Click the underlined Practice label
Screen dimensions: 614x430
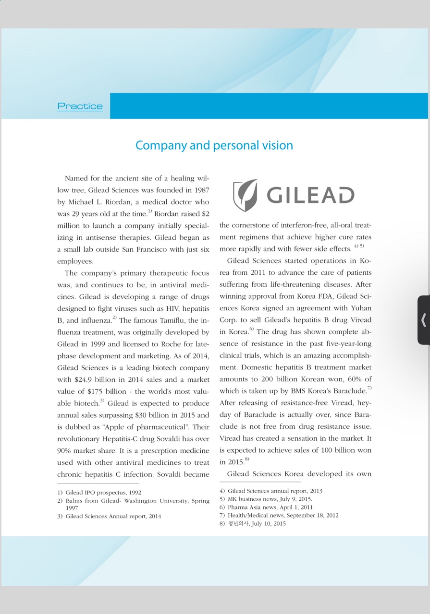point(80,106)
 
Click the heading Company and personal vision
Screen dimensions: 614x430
point(214,145)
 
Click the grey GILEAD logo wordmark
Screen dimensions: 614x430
point(310,195)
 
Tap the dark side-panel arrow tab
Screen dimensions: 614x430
point(423,320)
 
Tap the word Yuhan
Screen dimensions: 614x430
point(361,308)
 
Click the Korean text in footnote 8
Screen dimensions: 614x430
point(238,524)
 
